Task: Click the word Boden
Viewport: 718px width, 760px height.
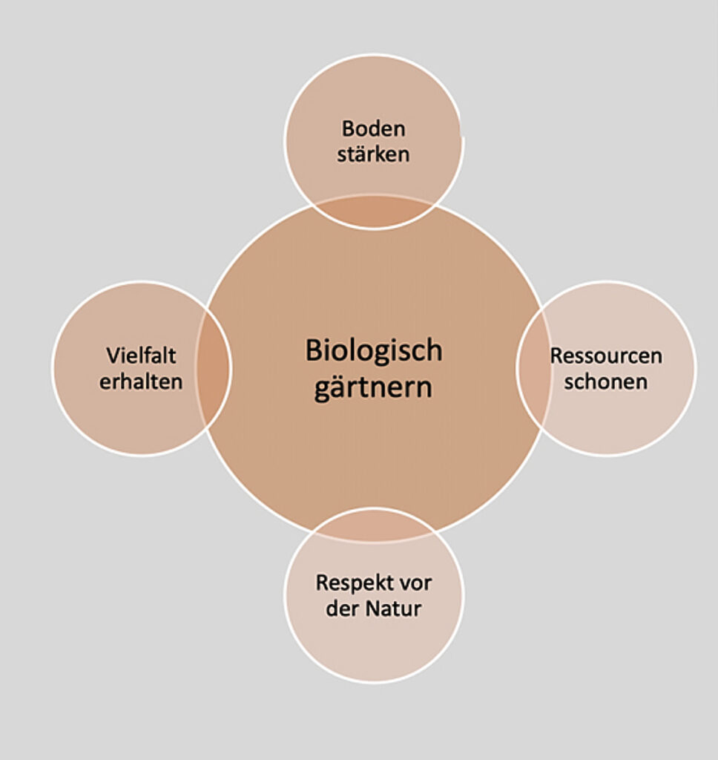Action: click(x=373, y=128)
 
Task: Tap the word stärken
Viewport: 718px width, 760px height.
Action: click(x=373, y=154)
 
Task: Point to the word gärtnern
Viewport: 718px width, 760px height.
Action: click(x=373, y=388)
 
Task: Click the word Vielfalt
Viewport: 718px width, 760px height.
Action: click(x=141, y=356)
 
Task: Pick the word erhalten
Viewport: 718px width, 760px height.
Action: click(x=141, y=381)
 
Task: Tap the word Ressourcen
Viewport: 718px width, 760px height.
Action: click(x=606, y=356)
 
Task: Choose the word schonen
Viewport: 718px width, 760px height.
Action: click(x=606, y=381)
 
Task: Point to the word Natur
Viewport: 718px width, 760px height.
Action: click(x=394, y=609)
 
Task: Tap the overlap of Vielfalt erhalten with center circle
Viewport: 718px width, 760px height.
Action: click(x=214, y=368)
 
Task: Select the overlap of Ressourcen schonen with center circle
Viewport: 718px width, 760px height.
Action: click(x=534, y=368)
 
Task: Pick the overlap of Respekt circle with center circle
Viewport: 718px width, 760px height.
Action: click(x=375, y=524)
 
